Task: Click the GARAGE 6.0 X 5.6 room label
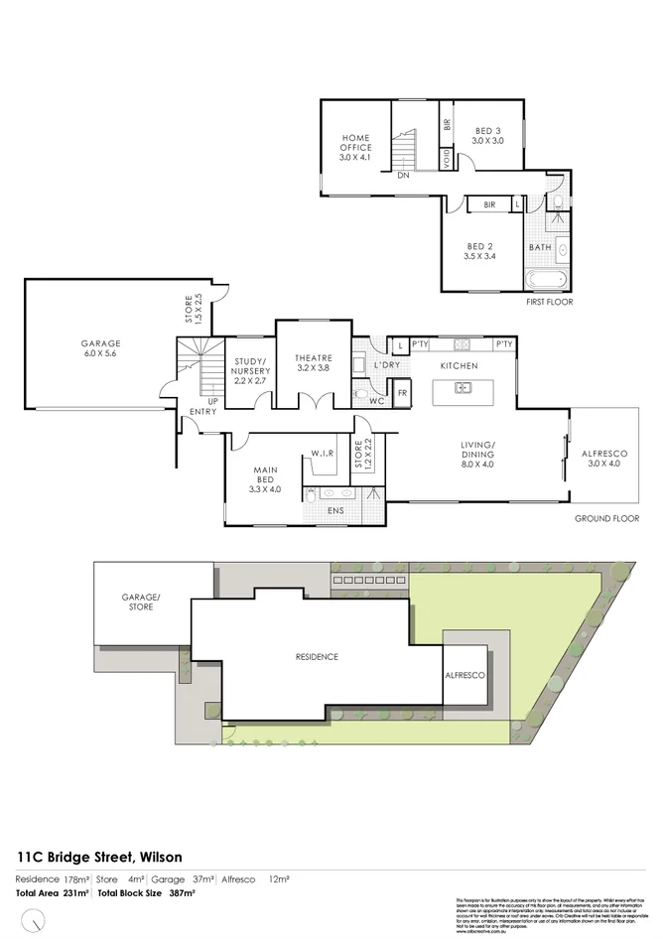(x=101, y=349)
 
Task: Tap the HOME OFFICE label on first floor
(x=354, y=147)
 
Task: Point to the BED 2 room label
(x=480, y=251)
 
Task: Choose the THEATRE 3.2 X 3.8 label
(x=313, y=362)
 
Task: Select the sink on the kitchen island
(x=464, y=388)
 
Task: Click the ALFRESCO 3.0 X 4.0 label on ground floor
(x=603, y=459)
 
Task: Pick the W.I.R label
(x=322, y=455)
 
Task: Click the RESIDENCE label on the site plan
(x=317, y=657)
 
